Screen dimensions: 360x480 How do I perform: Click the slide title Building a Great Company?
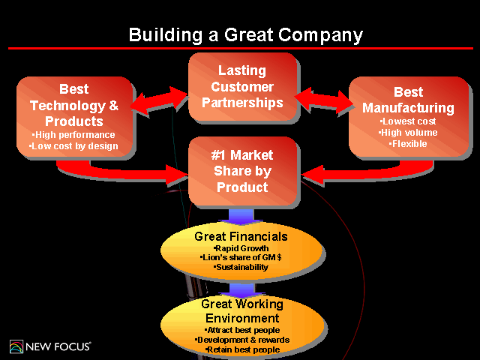245,34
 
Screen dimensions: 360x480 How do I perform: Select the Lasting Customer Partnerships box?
241,86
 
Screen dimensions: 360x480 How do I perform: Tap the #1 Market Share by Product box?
241,171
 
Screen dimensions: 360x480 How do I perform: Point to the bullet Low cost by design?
73,146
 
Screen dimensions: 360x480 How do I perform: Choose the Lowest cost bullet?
408,121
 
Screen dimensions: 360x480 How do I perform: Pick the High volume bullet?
408,132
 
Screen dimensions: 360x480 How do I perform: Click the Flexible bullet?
408,143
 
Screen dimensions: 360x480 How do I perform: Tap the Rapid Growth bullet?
241,248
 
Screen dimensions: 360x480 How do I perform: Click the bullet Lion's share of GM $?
241,257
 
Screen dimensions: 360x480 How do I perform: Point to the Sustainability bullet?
241,267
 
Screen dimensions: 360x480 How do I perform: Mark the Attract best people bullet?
241,330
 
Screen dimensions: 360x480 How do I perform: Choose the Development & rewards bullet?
241,340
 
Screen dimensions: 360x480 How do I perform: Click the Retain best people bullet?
241,349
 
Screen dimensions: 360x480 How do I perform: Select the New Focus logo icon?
16,346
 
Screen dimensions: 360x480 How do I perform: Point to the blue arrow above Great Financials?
241,215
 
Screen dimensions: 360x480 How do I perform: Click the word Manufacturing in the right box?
408,108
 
